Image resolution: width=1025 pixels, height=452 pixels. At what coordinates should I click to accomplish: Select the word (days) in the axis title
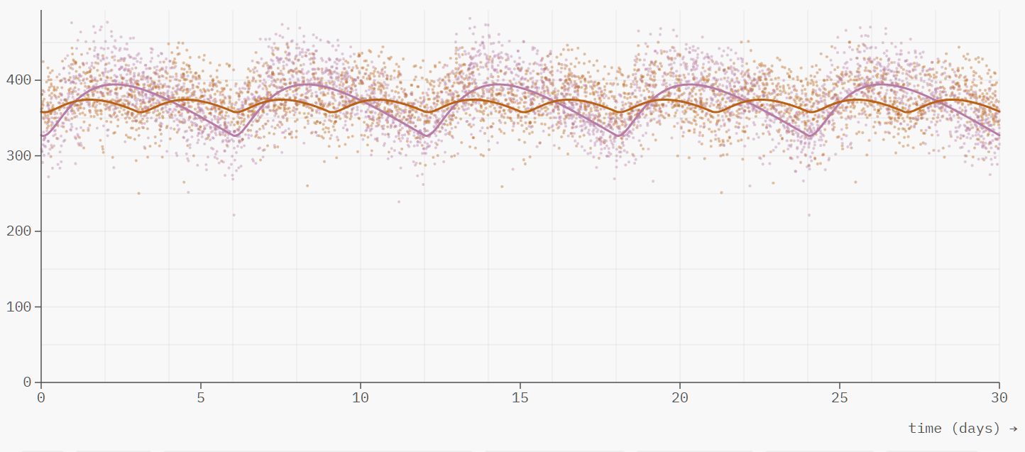tap(975, 428)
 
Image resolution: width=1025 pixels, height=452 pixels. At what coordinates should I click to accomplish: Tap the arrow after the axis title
tap(1013, 428)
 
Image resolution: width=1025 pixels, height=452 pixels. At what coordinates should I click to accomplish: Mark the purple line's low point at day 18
tap(617, 136)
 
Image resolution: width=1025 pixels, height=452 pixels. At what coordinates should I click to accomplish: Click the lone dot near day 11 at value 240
tap(398, 202)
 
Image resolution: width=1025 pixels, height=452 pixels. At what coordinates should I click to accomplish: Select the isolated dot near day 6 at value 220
tap(234, 214)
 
